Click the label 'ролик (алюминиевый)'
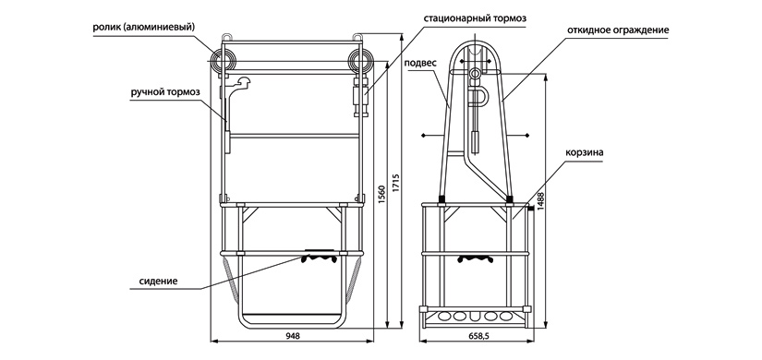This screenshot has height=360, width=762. pyautogui.click(x=143, y=28)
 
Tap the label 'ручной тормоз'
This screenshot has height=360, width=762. pyautogui.click(x=164, y=92)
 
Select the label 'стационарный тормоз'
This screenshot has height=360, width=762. pyautogui.click(x=475, y=19)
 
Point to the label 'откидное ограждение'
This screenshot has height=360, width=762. pyautogui.click(x=618, y=30)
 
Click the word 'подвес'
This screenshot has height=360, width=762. pyautogui.click(x=420, y=63)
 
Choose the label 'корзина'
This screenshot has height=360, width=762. pyautogui.click(x=584, y=153)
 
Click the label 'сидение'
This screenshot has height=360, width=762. pyautogui.click(x=158, y=281)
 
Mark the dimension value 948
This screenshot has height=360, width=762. pyautogui.click(x=293, y=336)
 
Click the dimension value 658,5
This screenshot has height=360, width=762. pyautogui.click(x=478, y=336)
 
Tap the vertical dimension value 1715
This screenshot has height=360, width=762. pyautogui.click(x=395, y=185)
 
